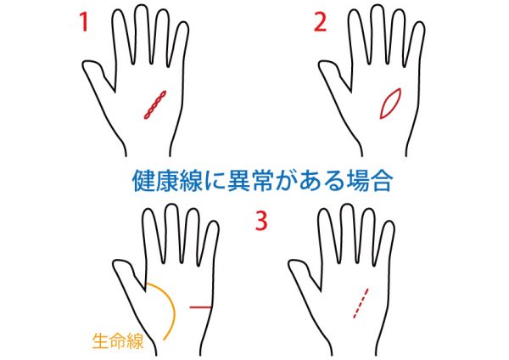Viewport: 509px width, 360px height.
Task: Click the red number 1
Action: point(84,22)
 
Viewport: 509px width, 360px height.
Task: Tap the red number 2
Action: point(320,22)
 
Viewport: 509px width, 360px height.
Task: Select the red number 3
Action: point(261,220)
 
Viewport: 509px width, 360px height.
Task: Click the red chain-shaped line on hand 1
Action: point(155,104)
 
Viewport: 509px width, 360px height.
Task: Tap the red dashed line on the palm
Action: point(361,303)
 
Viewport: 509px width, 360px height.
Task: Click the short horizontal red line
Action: point(200,307)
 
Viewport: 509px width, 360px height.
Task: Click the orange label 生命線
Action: point(118,340)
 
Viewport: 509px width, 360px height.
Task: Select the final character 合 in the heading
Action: point(381,180)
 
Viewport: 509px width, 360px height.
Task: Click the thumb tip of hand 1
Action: point(85,65)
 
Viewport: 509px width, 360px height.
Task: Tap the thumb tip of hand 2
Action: point(322,65)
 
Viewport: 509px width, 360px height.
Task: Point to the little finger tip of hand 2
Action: point(420,24)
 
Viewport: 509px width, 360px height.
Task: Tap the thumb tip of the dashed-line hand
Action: point(292,264)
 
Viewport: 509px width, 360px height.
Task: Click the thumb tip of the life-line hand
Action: point(116,264)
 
